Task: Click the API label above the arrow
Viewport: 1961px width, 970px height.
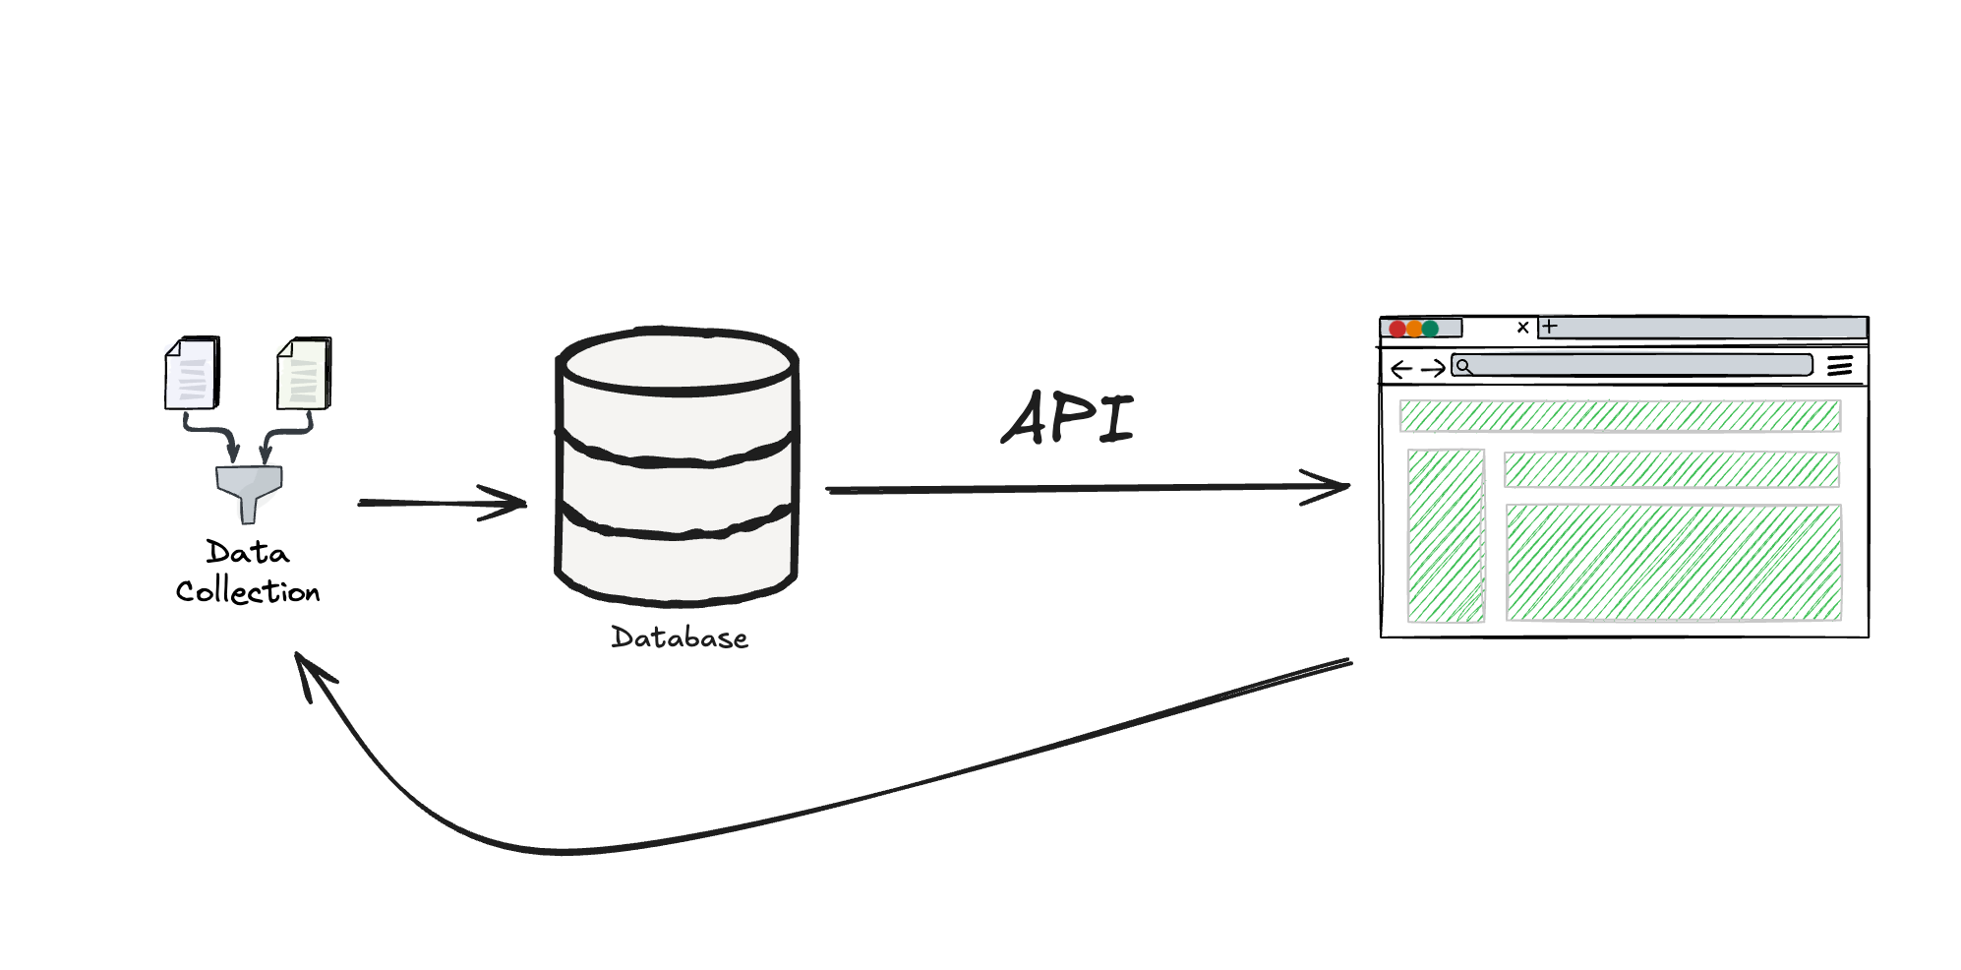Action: (1068, 418)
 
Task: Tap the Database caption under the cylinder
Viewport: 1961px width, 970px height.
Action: (680, 638)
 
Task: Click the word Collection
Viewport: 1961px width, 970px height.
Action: (248, 592)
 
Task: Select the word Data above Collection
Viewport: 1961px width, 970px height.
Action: (248, 553)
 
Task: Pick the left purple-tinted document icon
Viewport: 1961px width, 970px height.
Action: (192, 373)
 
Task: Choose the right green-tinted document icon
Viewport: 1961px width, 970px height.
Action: (304, 373)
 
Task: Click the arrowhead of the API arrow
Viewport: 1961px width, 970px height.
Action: (1336, 486)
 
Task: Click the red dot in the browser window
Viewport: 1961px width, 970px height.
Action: (1397, 329)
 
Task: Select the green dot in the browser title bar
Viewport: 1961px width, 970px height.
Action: (1431, 329)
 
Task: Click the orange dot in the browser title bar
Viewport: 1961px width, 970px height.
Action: (1414, 329)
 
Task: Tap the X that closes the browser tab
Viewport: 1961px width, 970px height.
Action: (1522, 328)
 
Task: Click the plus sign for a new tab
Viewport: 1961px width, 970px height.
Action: (1550, 327)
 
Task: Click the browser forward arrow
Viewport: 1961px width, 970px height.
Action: (1434, 369)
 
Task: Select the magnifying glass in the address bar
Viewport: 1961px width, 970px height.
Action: (1464, 367)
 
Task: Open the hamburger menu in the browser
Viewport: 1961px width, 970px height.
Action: (1839, 366)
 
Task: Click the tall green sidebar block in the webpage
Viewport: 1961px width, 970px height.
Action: (1446, 535)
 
